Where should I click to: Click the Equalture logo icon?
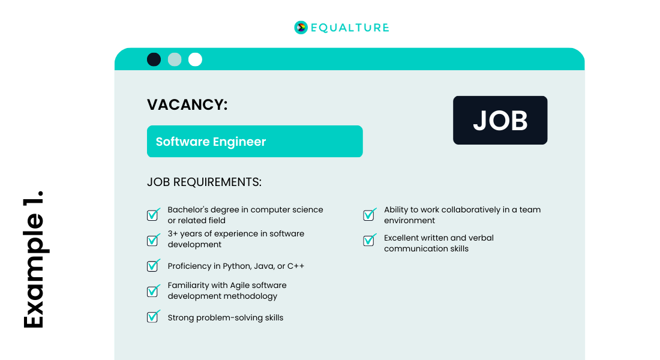point(301,27)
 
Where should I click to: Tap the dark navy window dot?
point(154,59)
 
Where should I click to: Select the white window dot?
point(195,59)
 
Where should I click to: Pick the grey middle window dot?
point(175,59)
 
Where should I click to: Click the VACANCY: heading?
point(187,104)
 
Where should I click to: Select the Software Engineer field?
point(254,142)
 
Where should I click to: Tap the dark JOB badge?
point(500,120)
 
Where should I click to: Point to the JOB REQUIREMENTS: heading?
point(204,182)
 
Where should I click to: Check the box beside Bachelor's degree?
point(153,215)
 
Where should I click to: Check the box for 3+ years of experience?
point(153,240)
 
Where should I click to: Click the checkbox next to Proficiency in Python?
point(153,266)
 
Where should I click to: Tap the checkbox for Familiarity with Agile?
point(153,291)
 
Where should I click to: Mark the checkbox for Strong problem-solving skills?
point(153,317)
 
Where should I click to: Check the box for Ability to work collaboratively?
point(369,215)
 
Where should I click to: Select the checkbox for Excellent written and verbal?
point(369,241)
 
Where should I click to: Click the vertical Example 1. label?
point(34,259)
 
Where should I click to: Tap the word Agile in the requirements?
point(243,285)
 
